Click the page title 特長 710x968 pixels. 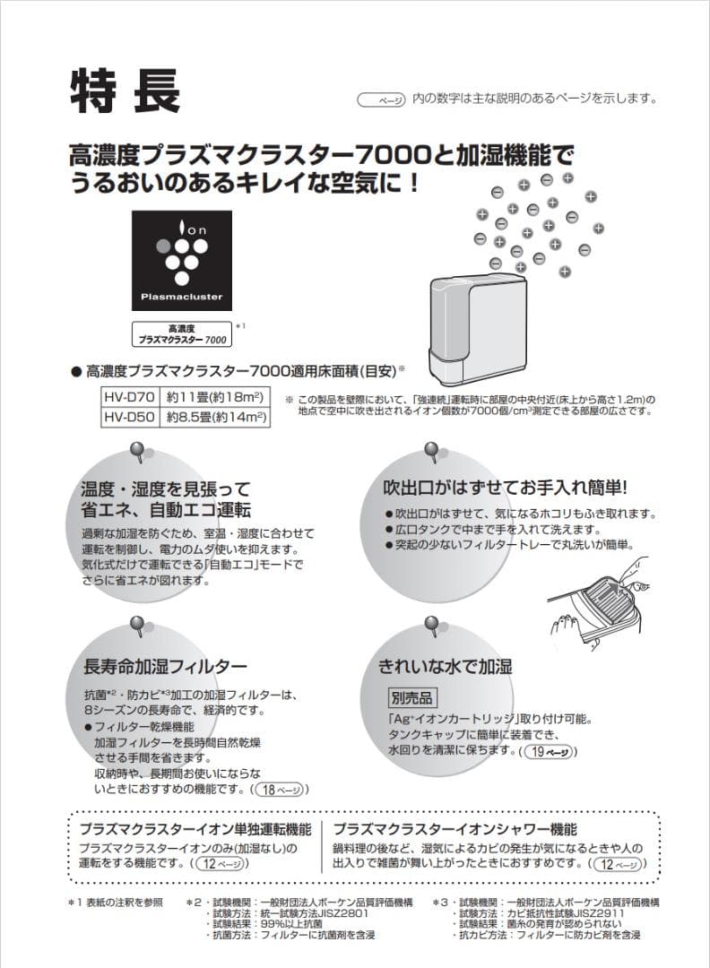pyautogui.click(x=126, y=90)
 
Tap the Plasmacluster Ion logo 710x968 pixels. pyautogui.click(x=185, y=260)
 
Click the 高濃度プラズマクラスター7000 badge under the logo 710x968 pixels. pyautogui.click(x=182, y=335)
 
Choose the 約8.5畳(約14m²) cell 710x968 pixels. pyautogui.click(x=215, y=417)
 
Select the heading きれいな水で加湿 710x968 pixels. pyautogui.click(x=445, y=667)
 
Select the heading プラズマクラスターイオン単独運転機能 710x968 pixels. pyautogui.click(x=195, y=829)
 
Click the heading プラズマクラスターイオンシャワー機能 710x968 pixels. pyautogui.click(x=455, y=829)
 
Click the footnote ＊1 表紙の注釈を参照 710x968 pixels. pyautogui.click(x=116, y=902)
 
